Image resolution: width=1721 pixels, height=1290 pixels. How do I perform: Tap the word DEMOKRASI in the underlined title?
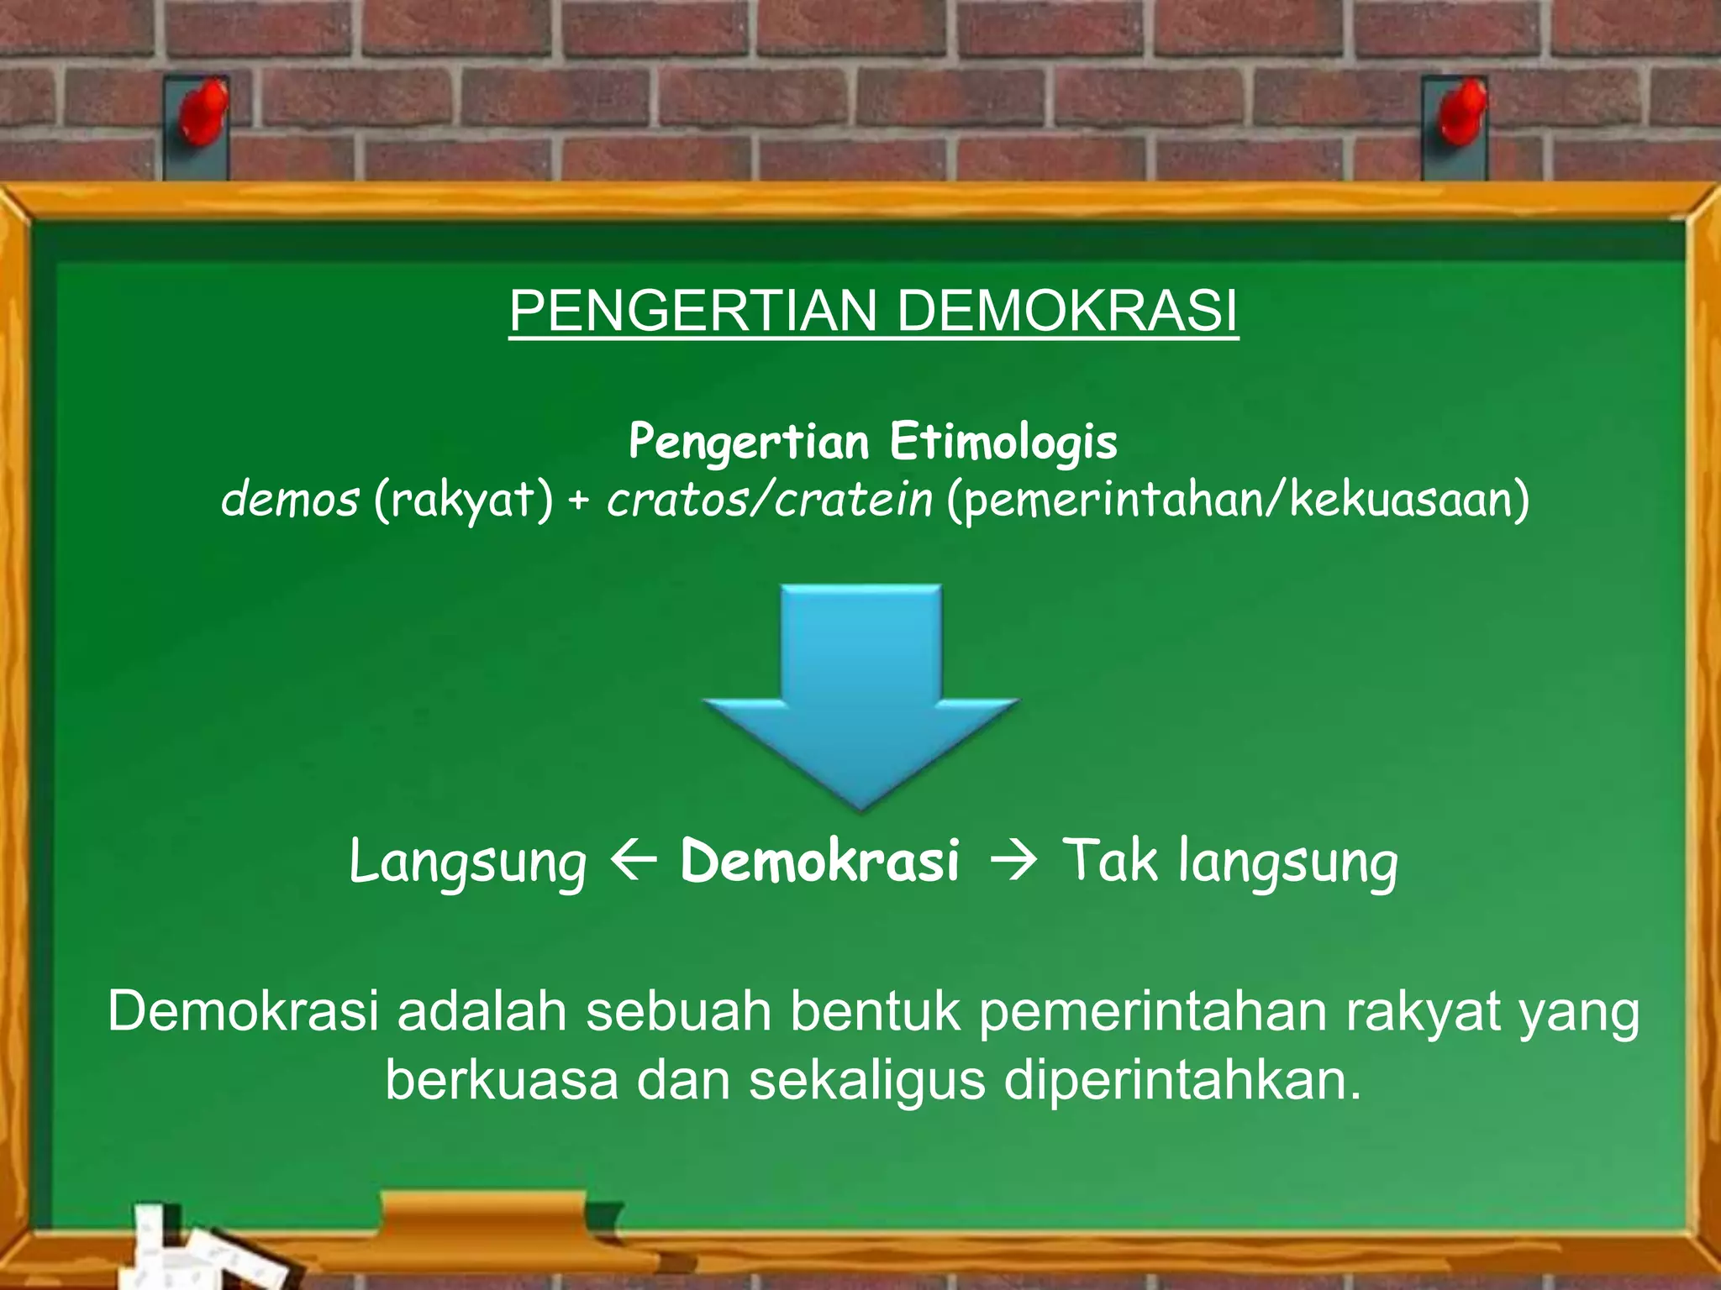pyautogui.click(x=1067, y=312)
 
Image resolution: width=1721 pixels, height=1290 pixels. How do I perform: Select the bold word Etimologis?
pyautogui.click(x=1003, y=442)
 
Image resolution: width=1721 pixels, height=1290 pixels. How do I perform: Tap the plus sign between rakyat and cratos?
pyautogui.click(x=579, y=501)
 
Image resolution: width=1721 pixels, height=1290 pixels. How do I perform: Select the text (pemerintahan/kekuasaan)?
pyautogui.click(x=1237, y=501)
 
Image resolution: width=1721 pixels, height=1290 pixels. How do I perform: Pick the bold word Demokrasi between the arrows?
pyautogui.click(x=819, y=862)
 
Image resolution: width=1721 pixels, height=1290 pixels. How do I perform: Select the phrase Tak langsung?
pyautogui.click(x=1231, y=862)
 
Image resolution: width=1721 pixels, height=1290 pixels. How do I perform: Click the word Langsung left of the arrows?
pyautogui.click(x=467, y=863)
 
